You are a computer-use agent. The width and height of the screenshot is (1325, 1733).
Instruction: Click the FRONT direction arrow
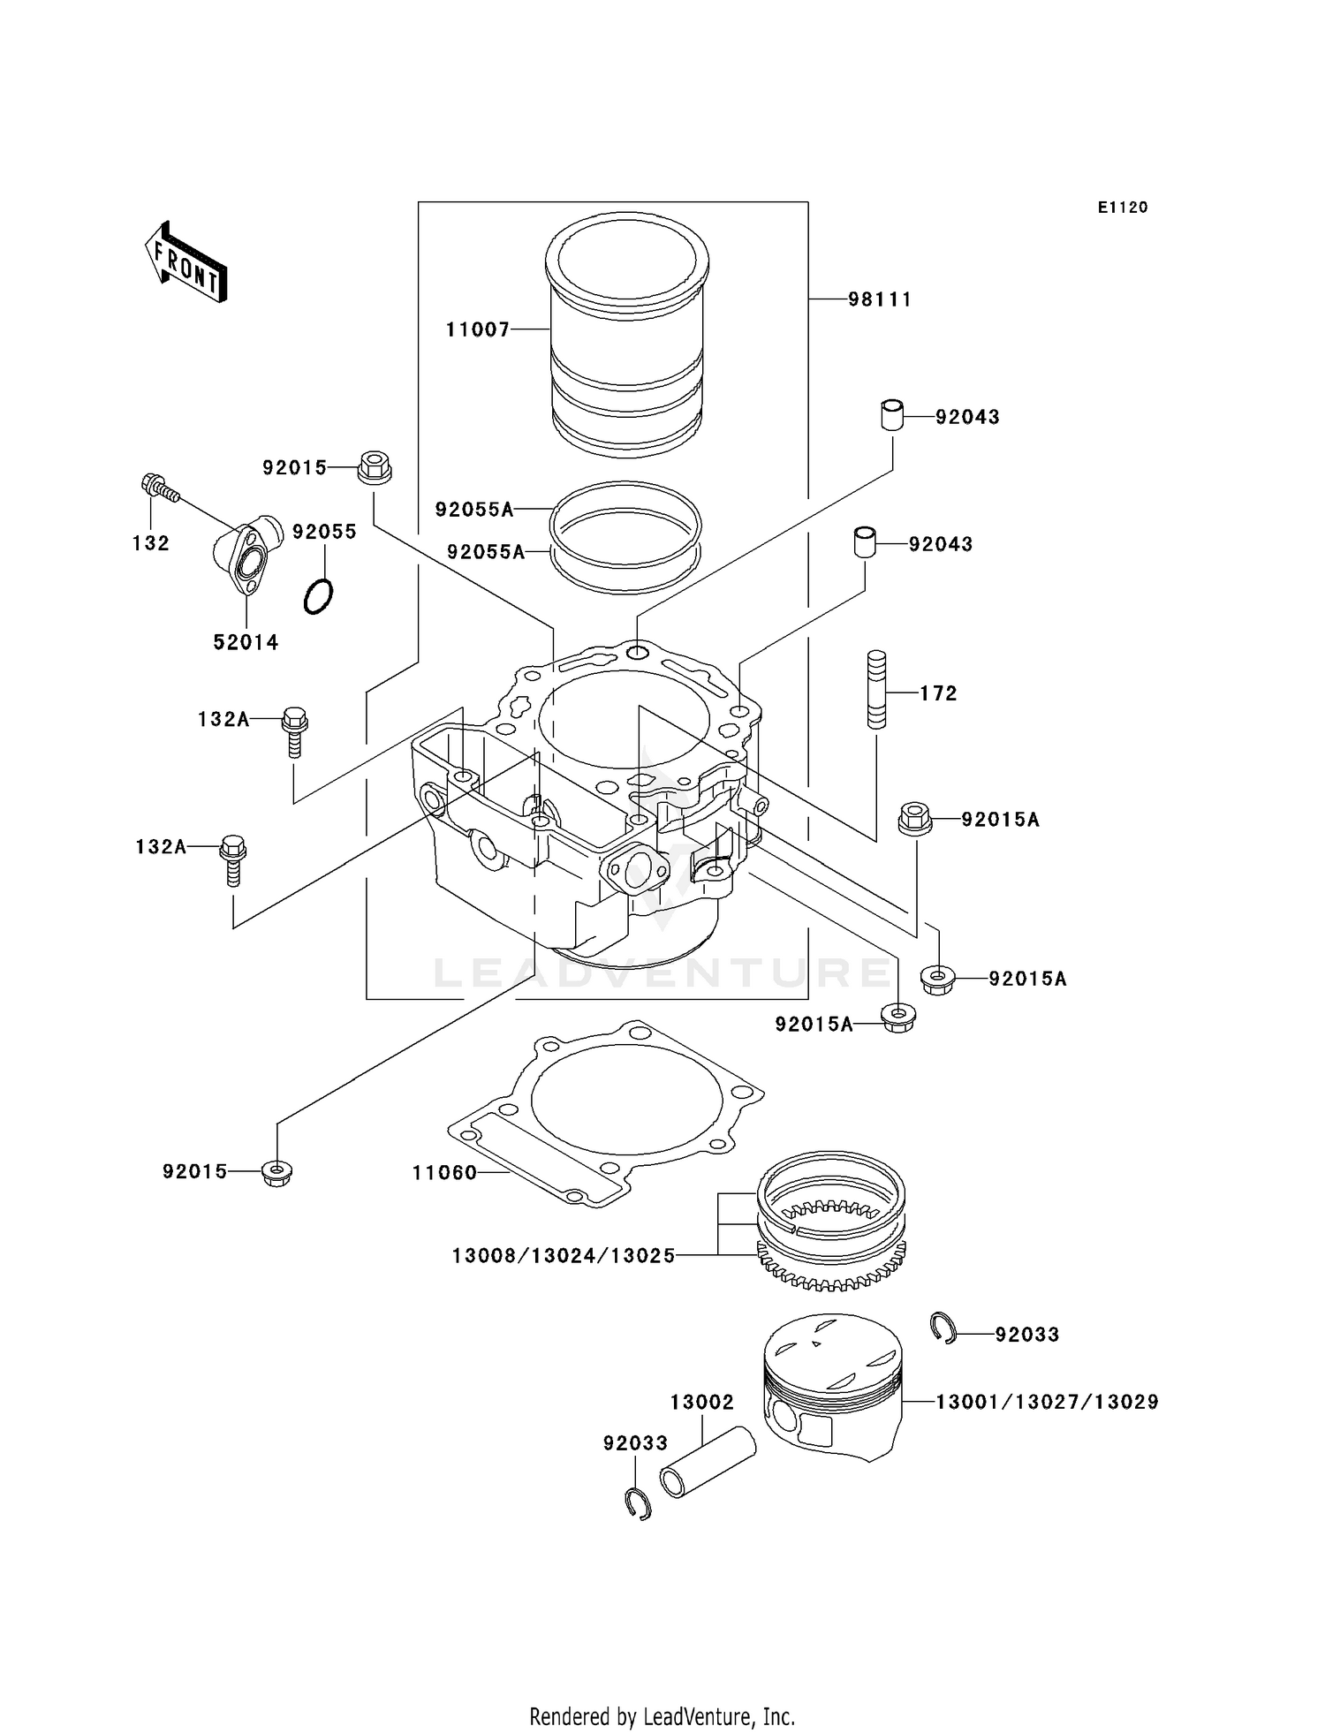coord(186,262)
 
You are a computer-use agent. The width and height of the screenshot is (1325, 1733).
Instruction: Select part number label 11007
coord(478,329)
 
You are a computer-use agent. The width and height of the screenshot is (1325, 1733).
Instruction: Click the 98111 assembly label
coord(880,299)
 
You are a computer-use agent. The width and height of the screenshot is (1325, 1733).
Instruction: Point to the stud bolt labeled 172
coord(876,689)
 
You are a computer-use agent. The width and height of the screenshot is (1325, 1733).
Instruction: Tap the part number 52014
coord(246,643)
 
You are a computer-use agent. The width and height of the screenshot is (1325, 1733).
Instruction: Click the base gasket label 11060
coord(444,1173)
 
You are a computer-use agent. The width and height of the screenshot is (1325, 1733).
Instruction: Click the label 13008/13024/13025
coord(564,1255)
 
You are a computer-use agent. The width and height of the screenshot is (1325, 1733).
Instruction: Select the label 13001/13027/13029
coord(1047,1402)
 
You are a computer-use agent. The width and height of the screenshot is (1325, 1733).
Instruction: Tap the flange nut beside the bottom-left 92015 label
coord(277,1173)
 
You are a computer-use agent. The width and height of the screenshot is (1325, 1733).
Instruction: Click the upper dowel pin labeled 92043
coord(893,415)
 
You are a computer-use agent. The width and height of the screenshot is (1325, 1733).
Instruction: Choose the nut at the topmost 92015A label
coord(916,818)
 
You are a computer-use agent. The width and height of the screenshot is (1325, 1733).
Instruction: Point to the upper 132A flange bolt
coord(294,730)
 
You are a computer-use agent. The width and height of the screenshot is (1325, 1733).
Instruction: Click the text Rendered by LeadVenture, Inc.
coord(662,1717)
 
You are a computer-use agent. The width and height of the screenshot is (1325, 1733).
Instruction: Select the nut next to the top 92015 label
coord(375,467)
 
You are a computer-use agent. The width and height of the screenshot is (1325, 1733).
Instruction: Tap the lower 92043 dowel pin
coord(865,541)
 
